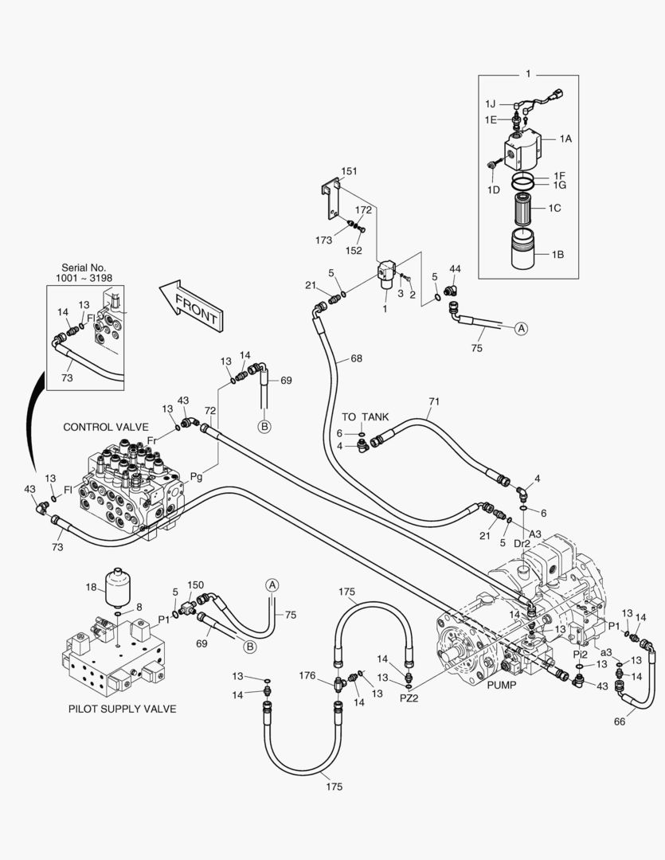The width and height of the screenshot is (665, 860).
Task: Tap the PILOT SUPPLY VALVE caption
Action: (122, 709)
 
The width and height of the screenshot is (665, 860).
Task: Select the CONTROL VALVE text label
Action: (106, 428)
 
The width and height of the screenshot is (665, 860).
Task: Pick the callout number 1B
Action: (558, 255)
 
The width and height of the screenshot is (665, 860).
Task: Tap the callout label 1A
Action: (565, 139)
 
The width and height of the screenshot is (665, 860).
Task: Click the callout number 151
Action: (350, 171)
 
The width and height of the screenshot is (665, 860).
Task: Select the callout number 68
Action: (355, 359)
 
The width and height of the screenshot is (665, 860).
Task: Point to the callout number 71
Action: (434, 402)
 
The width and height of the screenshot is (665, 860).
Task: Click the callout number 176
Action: (307, 676)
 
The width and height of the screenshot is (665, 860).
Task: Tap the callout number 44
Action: (456, 269)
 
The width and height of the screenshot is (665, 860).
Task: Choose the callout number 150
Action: (195, 585)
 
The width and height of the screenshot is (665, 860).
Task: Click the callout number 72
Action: (210, 410)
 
